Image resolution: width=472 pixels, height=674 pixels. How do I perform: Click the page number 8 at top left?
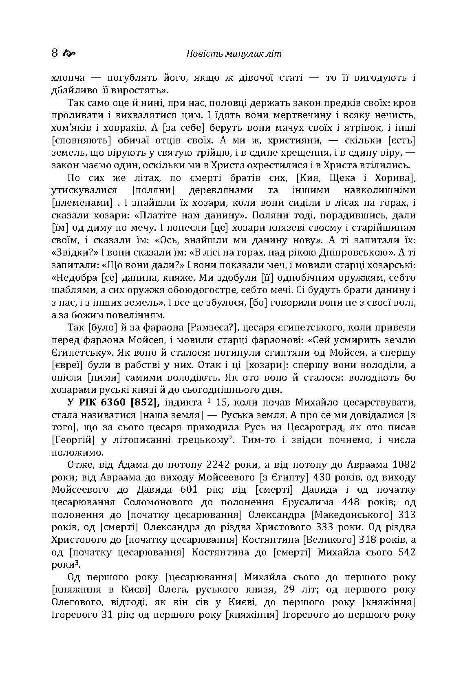[x=55, y=53]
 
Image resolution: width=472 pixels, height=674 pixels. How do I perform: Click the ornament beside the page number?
[x=70, y=53]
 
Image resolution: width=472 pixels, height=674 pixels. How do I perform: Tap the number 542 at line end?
[x=406, y=552]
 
